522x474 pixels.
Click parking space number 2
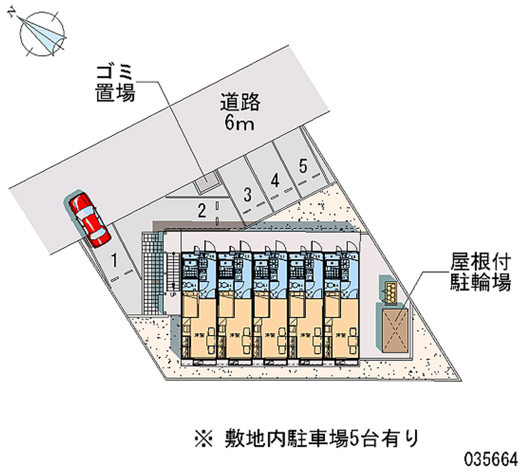203,209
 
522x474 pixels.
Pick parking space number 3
247,194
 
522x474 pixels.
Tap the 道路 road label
240,102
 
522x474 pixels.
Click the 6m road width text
239,123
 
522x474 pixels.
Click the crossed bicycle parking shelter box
394,329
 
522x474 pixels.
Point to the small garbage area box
206,183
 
